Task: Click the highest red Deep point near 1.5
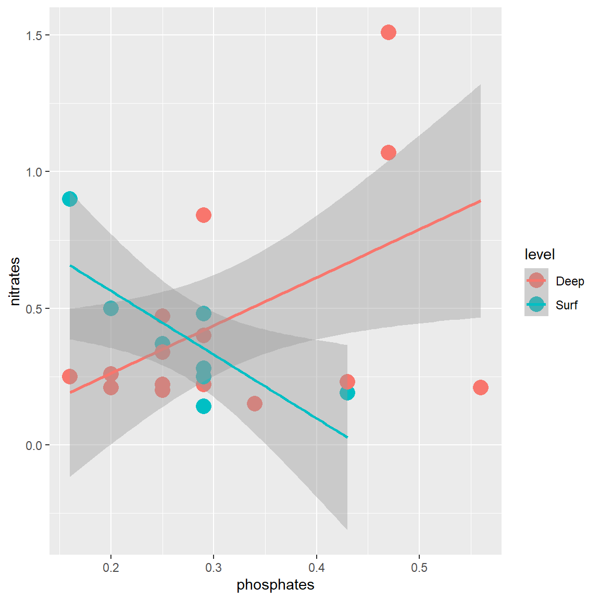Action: [388, 32]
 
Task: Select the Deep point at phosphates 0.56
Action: [480, 387]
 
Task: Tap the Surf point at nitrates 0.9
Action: [70, 199]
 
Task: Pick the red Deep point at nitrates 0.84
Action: [204, 215]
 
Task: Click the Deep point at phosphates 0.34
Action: [255, 404]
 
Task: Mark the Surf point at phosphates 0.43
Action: [347, 393]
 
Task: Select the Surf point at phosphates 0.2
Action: [110, 308]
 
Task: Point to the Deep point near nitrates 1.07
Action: [388, 153]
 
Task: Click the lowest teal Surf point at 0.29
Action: [204, 406]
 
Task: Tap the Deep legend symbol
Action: [536, 281]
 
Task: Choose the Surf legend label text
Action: [566, 305]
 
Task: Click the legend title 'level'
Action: [540, 255]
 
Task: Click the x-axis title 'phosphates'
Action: [275, 585]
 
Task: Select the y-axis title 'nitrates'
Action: [15, 281]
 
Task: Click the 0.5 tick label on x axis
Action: [419, 567]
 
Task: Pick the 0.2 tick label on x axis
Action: [110, 567]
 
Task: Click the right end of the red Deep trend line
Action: [480, 201]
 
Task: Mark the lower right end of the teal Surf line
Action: [347, 437]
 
